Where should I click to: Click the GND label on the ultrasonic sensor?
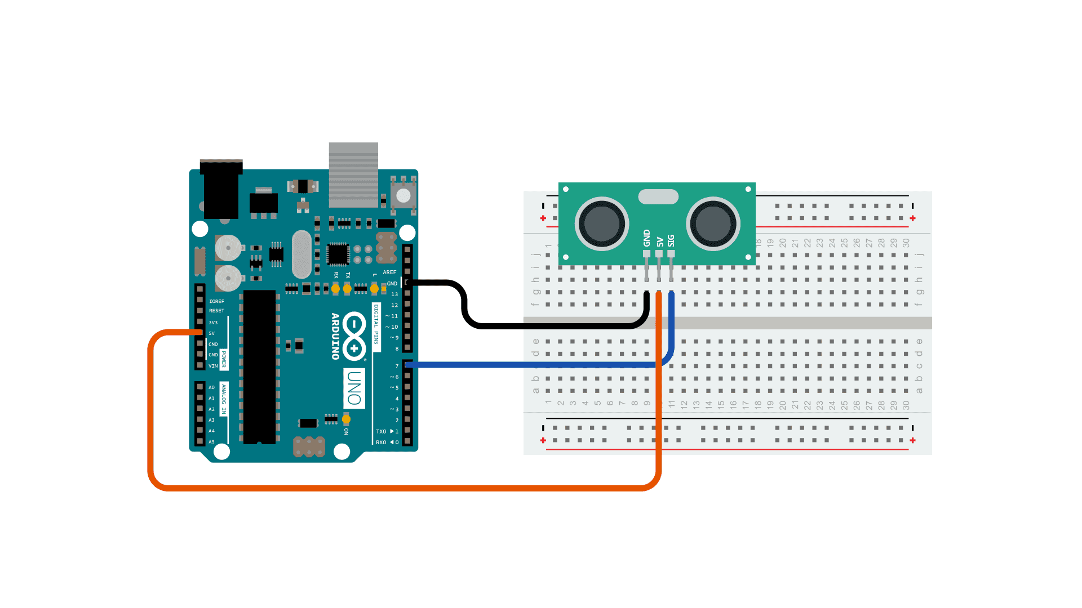coord(646,238)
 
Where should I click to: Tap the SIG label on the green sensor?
coord(671,240)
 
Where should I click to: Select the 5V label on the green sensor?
coord(659,242)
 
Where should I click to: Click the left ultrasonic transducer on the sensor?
coord(602,223)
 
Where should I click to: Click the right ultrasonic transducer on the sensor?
coord(713,223)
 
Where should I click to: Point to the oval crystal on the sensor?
coord(658,196)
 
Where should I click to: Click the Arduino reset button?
coord(403,195)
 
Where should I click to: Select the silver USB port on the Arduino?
coord(353,175)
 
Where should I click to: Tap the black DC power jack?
coord(221,190)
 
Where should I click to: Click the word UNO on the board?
coord(354,388)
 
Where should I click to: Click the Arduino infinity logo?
coord(354,336)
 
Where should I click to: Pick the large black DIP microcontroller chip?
coord(259,366)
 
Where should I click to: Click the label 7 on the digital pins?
coord(397,366)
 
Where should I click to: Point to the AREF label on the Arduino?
coord(389,272)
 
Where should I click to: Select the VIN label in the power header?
coord(213,366)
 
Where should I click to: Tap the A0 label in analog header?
coord(211,387)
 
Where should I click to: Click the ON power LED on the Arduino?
coord(346,419)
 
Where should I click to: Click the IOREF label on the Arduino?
coord(216,301)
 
